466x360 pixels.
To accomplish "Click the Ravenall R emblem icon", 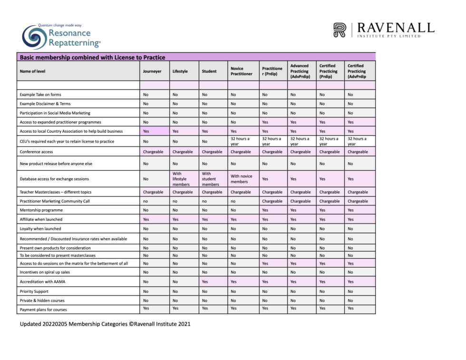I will click(x=340, y=29).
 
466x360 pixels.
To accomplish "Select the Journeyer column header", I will click(x=152, y=71).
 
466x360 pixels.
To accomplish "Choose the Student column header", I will click(x=209, y=71).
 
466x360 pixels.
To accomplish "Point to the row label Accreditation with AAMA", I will click(x=43, y=282).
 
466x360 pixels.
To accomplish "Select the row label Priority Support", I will click(x=34, y=291).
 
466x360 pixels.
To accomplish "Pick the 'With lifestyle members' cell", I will click(x=182, y=179).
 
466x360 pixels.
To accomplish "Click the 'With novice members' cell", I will click(x=242, y=179).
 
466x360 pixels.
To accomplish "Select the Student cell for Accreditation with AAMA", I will click(x=205, y=282).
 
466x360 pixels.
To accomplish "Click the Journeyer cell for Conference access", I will click(x=153, y=152).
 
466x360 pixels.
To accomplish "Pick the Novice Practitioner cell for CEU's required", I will click(x=240, y=141).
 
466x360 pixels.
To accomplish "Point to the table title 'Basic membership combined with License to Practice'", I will click(x=92, y=58).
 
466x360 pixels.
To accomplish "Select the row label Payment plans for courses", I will click(x=43, y=310).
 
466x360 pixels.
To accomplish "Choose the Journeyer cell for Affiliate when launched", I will click(x=146, y=220).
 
